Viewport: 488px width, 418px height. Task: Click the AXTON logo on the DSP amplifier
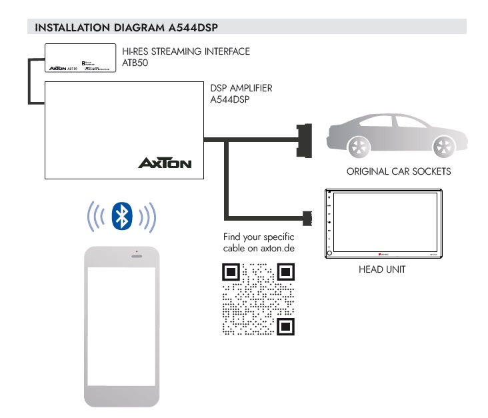[165, 163]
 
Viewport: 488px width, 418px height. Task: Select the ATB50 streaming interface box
[80, 58]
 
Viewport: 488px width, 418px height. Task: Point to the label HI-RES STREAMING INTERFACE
[186, 51]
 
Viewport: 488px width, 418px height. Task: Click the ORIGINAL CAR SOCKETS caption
[399, 171]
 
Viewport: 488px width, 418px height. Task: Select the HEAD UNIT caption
[382, 269]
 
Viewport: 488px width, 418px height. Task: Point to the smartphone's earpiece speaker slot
[137, 256]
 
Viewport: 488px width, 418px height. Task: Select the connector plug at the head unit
[307, 217]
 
